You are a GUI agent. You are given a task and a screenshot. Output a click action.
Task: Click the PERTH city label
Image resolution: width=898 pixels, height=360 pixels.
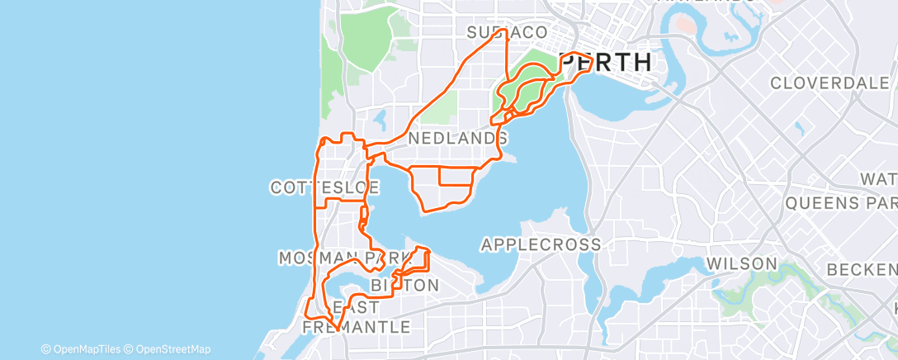tap(606, 62)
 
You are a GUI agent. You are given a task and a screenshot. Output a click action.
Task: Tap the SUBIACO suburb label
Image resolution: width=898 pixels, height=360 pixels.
tap(507, 32)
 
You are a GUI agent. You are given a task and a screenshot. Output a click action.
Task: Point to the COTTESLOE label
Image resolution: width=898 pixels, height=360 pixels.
tap(324, 187)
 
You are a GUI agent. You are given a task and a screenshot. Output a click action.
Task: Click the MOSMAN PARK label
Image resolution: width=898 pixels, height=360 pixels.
tap(344, 258)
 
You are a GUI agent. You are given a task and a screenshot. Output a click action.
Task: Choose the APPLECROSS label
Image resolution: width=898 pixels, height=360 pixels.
tap(541, 244)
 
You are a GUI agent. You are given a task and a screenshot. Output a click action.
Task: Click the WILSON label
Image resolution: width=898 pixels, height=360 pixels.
tap(741, 263)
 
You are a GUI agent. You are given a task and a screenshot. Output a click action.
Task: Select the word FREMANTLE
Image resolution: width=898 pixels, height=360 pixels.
tap(357, 327)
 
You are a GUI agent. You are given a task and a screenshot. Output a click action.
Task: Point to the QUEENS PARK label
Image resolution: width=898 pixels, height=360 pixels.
tap(841, 202)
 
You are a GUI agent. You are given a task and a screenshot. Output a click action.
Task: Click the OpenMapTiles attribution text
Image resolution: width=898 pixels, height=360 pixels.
tap(80, 349)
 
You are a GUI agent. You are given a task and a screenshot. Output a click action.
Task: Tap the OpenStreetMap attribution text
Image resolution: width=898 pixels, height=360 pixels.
tap(167, 349)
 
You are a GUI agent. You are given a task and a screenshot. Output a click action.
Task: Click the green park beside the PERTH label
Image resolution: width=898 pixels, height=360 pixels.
tap(528, 83)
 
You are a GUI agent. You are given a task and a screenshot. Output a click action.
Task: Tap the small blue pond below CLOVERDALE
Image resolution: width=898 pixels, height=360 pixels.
tap(799, 128)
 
